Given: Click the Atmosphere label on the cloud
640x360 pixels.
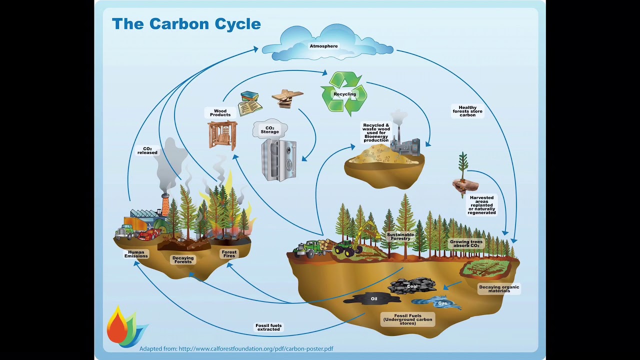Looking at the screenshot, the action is click(x=323, y=46).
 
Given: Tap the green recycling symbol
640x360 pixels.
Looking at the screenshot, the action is click(x=344, y=93).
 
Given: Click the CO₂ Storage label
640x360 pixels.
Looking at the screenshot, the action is click(x=269, y=130).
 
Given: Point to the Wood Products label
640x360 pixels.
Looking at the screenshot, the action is click(x=220, y=113).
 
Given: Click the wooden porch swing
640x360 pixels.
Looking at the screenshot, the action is click(x=222, y=135).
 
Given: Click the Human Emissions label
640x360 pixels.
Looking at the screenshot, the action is click(x=136, y=254).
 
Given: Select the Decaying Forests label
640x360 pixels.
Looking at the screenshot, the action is click(x=183, y=259).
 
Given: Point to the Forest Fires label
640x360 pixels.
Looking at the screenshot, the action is click(x=229, y=253).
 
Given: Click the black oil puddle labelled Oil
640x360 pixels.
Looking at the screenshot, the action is click(x=373, y=298).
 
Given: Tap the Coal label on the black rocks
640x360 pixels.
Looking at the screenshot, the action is click(x=412, y=286).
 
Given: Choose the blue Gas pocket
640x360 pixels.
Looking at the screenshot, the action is click(x=442, y=303).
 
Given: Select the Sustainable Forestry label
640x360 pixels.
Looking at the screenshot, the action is click(x=400, y=236).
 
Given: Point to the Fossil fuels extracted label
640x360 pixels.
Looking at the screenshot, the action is click(x=268, y=327).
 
